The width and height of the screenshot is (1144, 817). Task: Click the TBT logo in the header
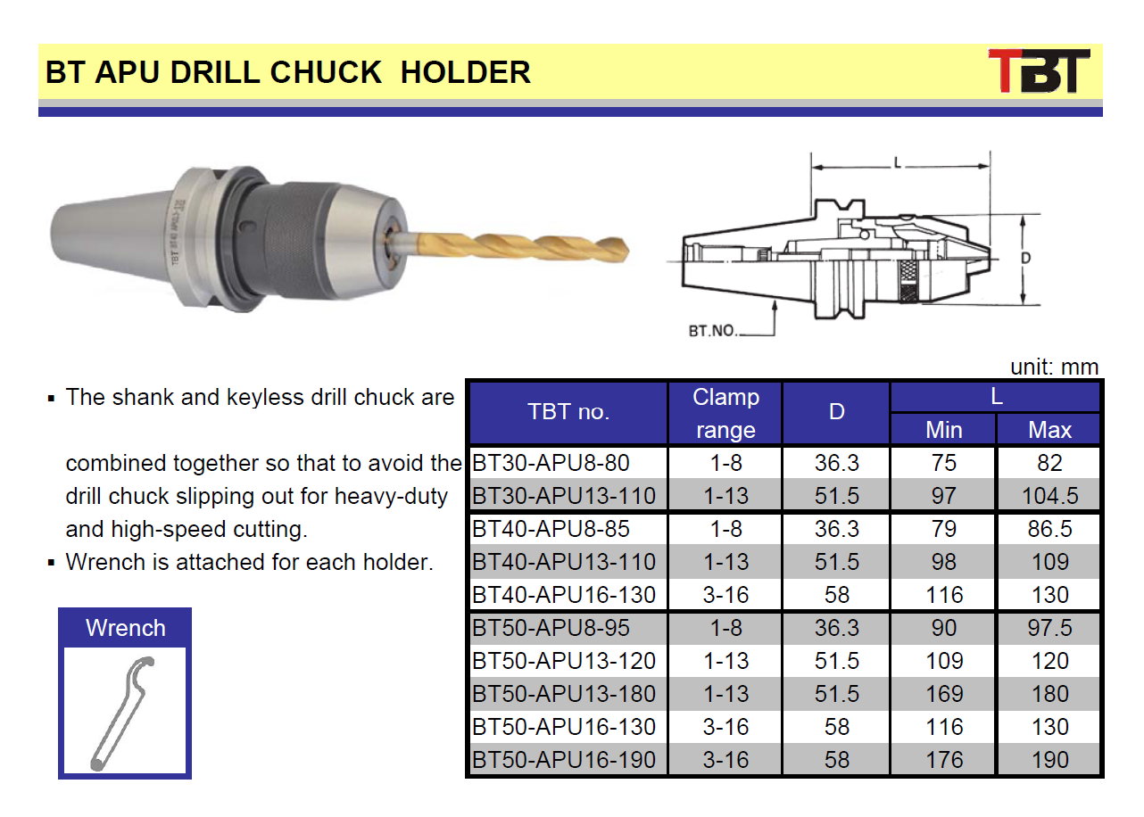(1039, 71)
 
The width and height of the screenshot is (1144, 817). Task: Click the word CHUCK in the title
(326, 72)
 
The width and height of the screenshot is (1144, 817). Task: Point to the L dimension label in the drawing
(898, 163)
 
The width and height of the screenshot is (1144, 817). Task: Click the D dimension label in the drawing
(1026, 258)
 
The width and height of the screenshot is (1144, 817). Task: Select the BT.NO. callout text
(713, 330)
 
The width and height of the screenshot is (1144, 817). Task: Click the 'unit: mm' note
(1054, 367)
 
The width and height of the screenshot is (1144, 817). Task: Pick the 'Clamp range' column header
(725, 413)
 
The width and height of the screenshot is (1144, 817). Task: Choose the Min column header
(944, 430)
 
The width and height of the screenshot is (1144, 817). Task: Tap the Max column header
(1049, 430)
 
